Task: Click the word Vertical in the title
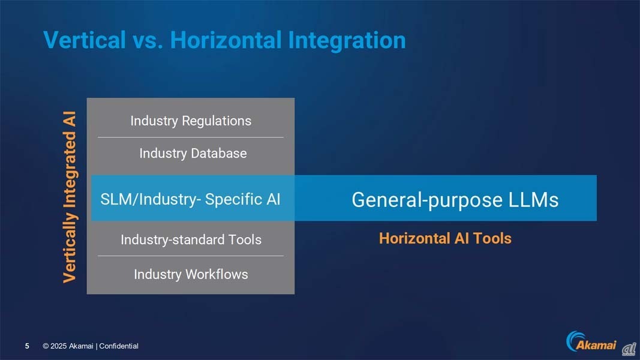(85, 40)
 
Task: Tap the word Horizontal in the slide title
(226, 40)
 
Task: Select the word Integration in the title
(347, 41)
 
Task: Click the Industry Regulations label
(191, 121)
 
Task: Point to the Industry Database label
(193, 153)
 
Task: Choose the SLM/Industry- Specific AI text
(190, 199)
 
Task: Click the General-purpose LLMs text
(455, 200)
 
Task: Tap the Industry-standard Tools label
(191, 239)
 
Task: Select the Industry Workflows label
(191, 274)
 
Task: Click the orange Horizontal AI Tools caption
(445, 238)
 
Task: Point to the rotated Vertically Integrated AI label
(70, 197)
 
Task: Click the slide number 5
(27, 346)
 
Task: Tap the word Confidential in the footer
(119, 346)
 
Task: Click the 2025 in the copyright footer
(58, 346)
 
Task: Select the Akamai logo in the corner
(591, 341)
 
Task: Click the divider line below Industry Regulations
(191, 137)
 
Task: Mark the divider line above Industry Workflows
(191, 256)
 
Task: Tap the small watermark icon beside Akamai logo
(629, 349)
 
